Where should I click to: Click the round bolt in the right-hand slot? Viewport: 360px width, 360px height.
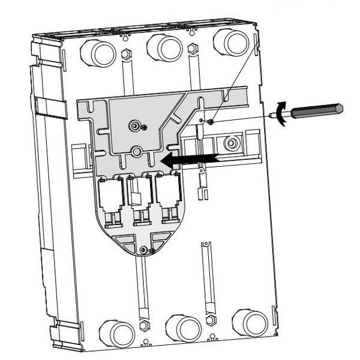click(230, 143)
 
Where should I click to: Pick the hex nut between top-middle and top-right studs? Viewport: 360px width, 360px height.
click(192, 48)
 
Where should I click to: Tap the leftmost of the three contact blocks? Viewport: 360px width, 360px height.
click(111, 198)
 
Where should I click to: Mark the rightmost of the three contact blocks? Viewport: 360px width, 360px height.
click(167, 195)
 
